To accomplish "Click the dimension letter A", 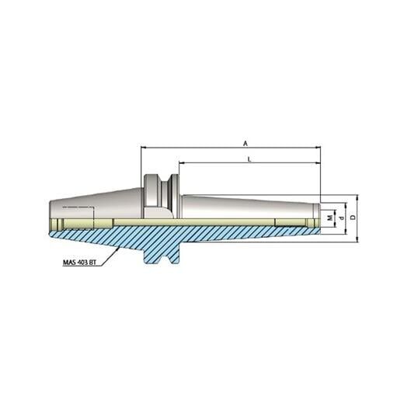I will (246, 142).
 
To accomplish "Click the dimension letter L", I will (248, 158).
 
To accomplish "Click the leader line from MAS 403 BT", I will (110, 253).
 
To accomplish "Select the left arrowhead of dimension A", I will (144, 147).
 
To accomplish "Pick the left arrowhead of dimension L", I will (182, 163).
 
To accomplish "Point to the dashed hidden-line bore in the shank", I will (78, 209).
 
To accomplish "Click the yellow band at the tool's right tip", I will (312, 224).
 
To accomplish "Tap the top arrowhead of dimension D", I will (357, 197).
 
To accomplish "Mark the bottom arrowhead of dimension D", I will (357, 239).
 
